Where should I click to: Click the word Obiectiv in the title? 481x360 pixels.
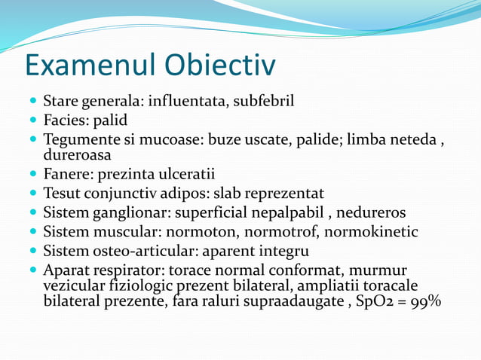tap(225, 66)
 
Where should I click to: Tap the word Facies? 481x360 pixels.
tap(66, 120)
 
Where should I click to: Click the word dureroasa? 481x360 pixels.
tap(77, 155)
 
